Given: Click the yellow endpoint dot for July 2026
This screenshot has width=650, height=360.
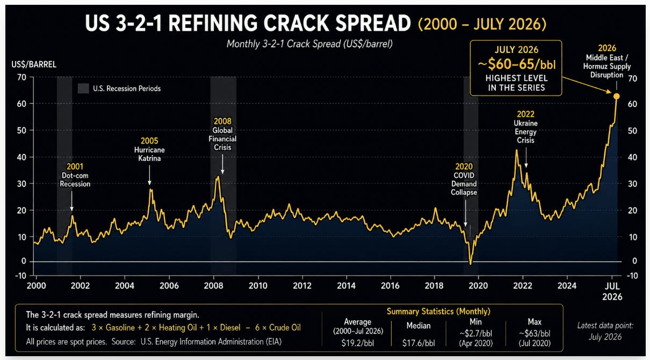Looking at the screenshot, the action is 616,96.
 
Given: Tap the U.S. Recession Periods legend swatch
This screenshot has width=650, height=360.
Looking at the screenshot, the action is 83,89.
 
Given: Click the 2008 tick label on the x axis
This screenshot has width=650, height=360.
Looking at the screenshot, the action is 214,286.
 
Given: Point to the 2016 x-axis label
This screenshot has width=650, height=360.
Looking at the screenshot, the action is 390,286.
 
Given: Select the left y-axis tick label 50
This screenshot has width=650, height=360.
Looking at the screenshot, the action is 21,131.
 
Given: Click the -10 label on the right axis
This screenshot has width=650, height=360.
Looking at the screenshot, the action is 632,276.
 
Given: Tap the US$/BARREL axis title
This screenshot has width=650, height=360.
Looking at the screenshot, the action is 34,64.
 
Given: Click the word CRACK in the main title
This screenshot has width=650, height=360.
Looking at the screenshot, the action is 295,23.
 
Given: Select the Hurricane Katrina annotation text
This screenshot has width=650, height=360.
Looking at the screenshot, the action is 149,154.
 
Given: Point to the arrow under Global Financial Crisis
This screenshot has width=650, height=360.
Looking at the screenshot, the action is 222,164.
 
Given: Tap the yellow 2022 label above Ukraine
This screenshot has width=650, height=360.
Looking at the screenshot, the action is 525,114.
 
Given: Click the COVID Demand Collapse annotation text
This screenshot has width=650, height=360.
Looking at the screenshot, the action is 464,184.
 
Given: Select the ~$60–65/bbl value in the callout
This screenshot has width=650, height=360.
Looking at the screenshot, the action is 517,64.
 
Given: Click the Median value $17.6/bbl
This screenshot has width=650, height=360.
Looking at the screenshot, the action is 418,343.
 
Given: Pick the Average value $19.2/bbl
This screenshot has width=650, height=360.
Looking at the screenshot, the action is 358,343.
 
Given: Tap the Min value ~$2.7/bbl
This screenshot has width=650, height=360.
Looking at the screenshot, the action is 476,333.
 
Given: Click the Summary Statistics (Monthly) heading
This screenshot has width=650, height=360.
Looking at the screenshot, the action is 438,312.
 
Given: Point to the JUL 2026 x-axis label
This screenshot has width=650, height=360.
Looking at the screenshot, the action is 612,291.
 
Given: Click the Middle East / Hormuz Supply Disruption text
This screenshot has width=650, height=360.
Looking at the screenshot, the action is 607,66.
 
